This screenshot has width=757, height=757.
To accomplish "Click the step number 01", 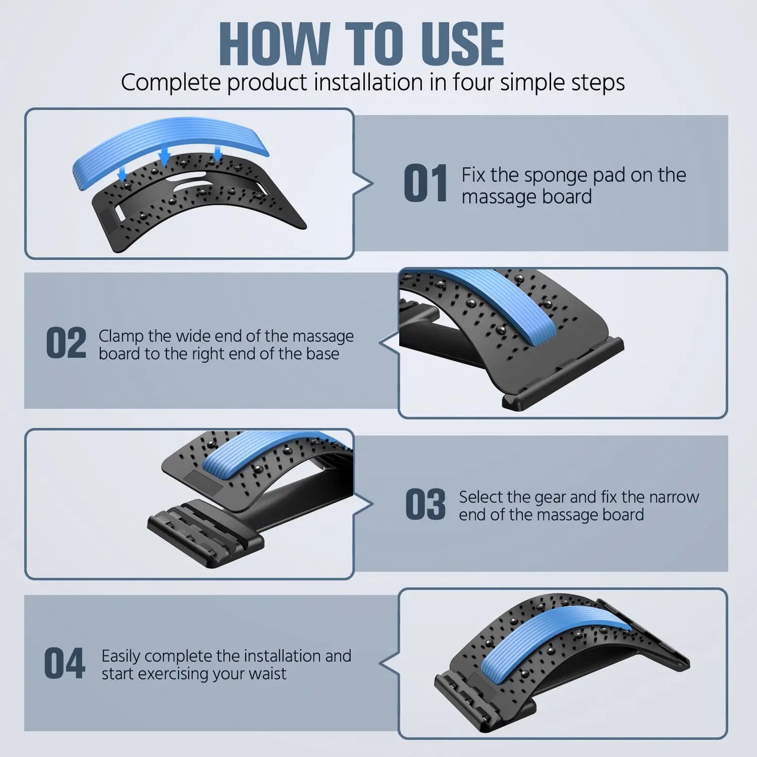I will (425, 183).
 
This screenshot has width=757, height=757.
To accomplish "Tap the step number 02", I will (66, 343).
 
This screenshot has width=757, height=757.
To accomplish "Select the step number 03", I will (425, 504).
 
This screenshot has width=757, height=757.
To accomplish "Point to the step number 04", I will (64, 663).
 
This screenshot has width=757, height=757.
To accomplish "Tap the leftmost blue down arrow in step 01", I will (122, 173).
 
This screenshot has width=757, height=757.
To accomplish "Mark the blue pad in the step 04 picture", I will (550, 634).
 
